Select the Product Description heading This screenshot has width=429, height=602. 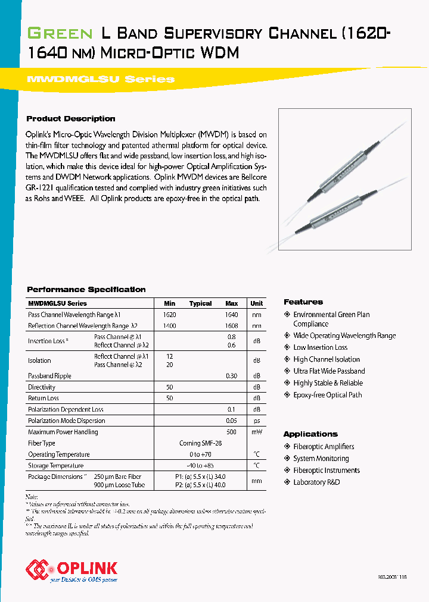coord(71,118)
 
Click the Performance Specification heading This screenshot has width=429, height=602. coord(86,289)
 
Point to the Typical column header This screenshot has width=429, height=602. coord(200,303)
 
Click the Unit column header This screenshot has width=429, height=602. coord(256,303)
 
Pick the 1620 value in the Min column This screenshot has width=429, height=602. coord(169,315)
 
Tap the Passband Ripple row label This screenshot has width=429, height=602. coord(49,376)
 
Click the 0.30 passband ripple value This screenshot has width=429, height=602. coord(231,376)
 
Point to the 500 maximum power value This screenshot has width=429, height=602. coord(231,432)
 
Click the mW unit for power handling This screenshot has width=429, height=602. coord(256,432)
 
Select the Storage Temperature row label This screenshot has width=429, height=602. coord(55,466)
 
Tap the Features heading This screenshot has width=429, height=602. coord(303,302)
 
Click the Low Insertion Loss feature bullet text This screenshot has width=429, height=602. coord(320,347)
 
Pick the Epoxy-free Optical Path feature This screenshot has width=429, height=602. coord(327,395)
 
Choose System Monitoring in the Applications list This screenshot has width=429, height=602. coord(321,459)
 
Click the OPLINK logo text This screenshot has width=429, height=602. coord(86,568)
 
